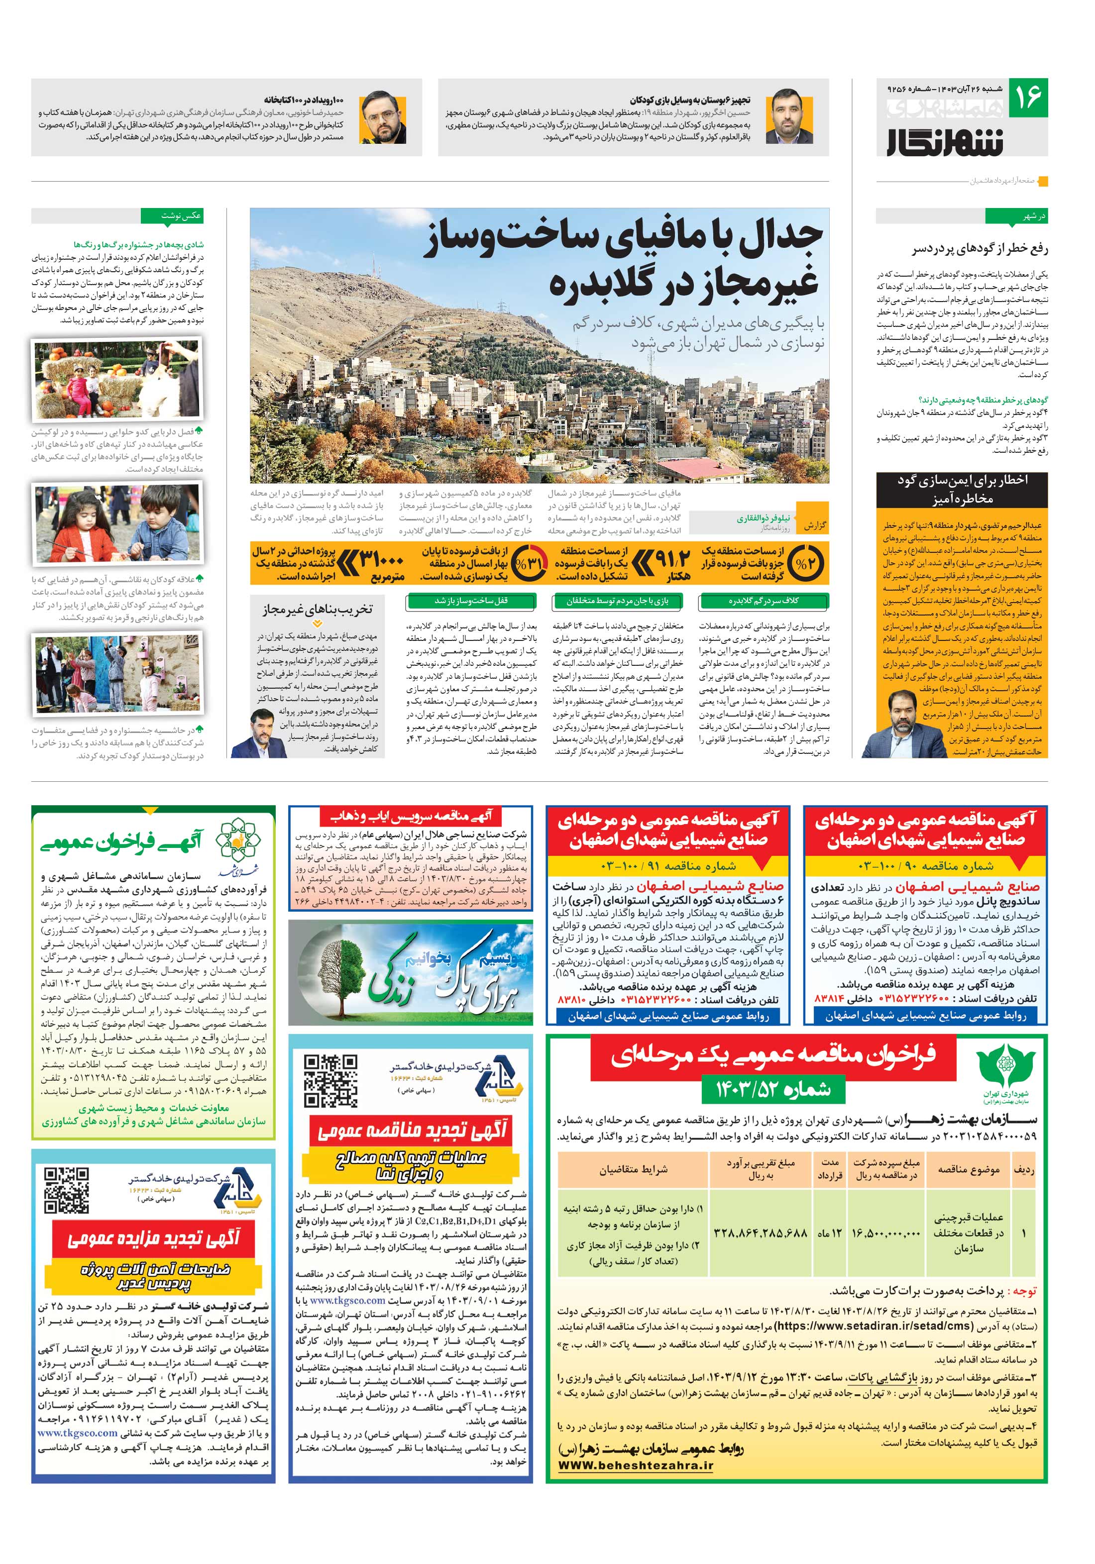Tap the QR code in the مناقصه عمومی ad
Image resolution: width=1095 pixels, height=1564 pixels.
coord(330,1080)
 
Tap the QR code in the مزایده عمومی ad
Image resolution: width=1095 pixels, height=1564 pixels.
coord(66,1190)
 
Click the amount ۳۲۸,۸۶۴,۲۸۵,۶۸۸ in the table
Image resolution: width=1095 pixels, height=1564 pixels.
coord(760,1233)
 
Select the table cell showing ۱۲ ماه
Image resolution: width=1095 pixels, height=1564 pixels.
coord(829,1233)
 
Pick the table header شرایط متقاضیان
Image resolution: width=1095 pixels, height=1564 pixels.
coord(633,1169)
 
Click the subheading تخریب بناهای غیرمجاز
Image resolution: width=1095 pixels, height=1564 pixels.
coord(318,609)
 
